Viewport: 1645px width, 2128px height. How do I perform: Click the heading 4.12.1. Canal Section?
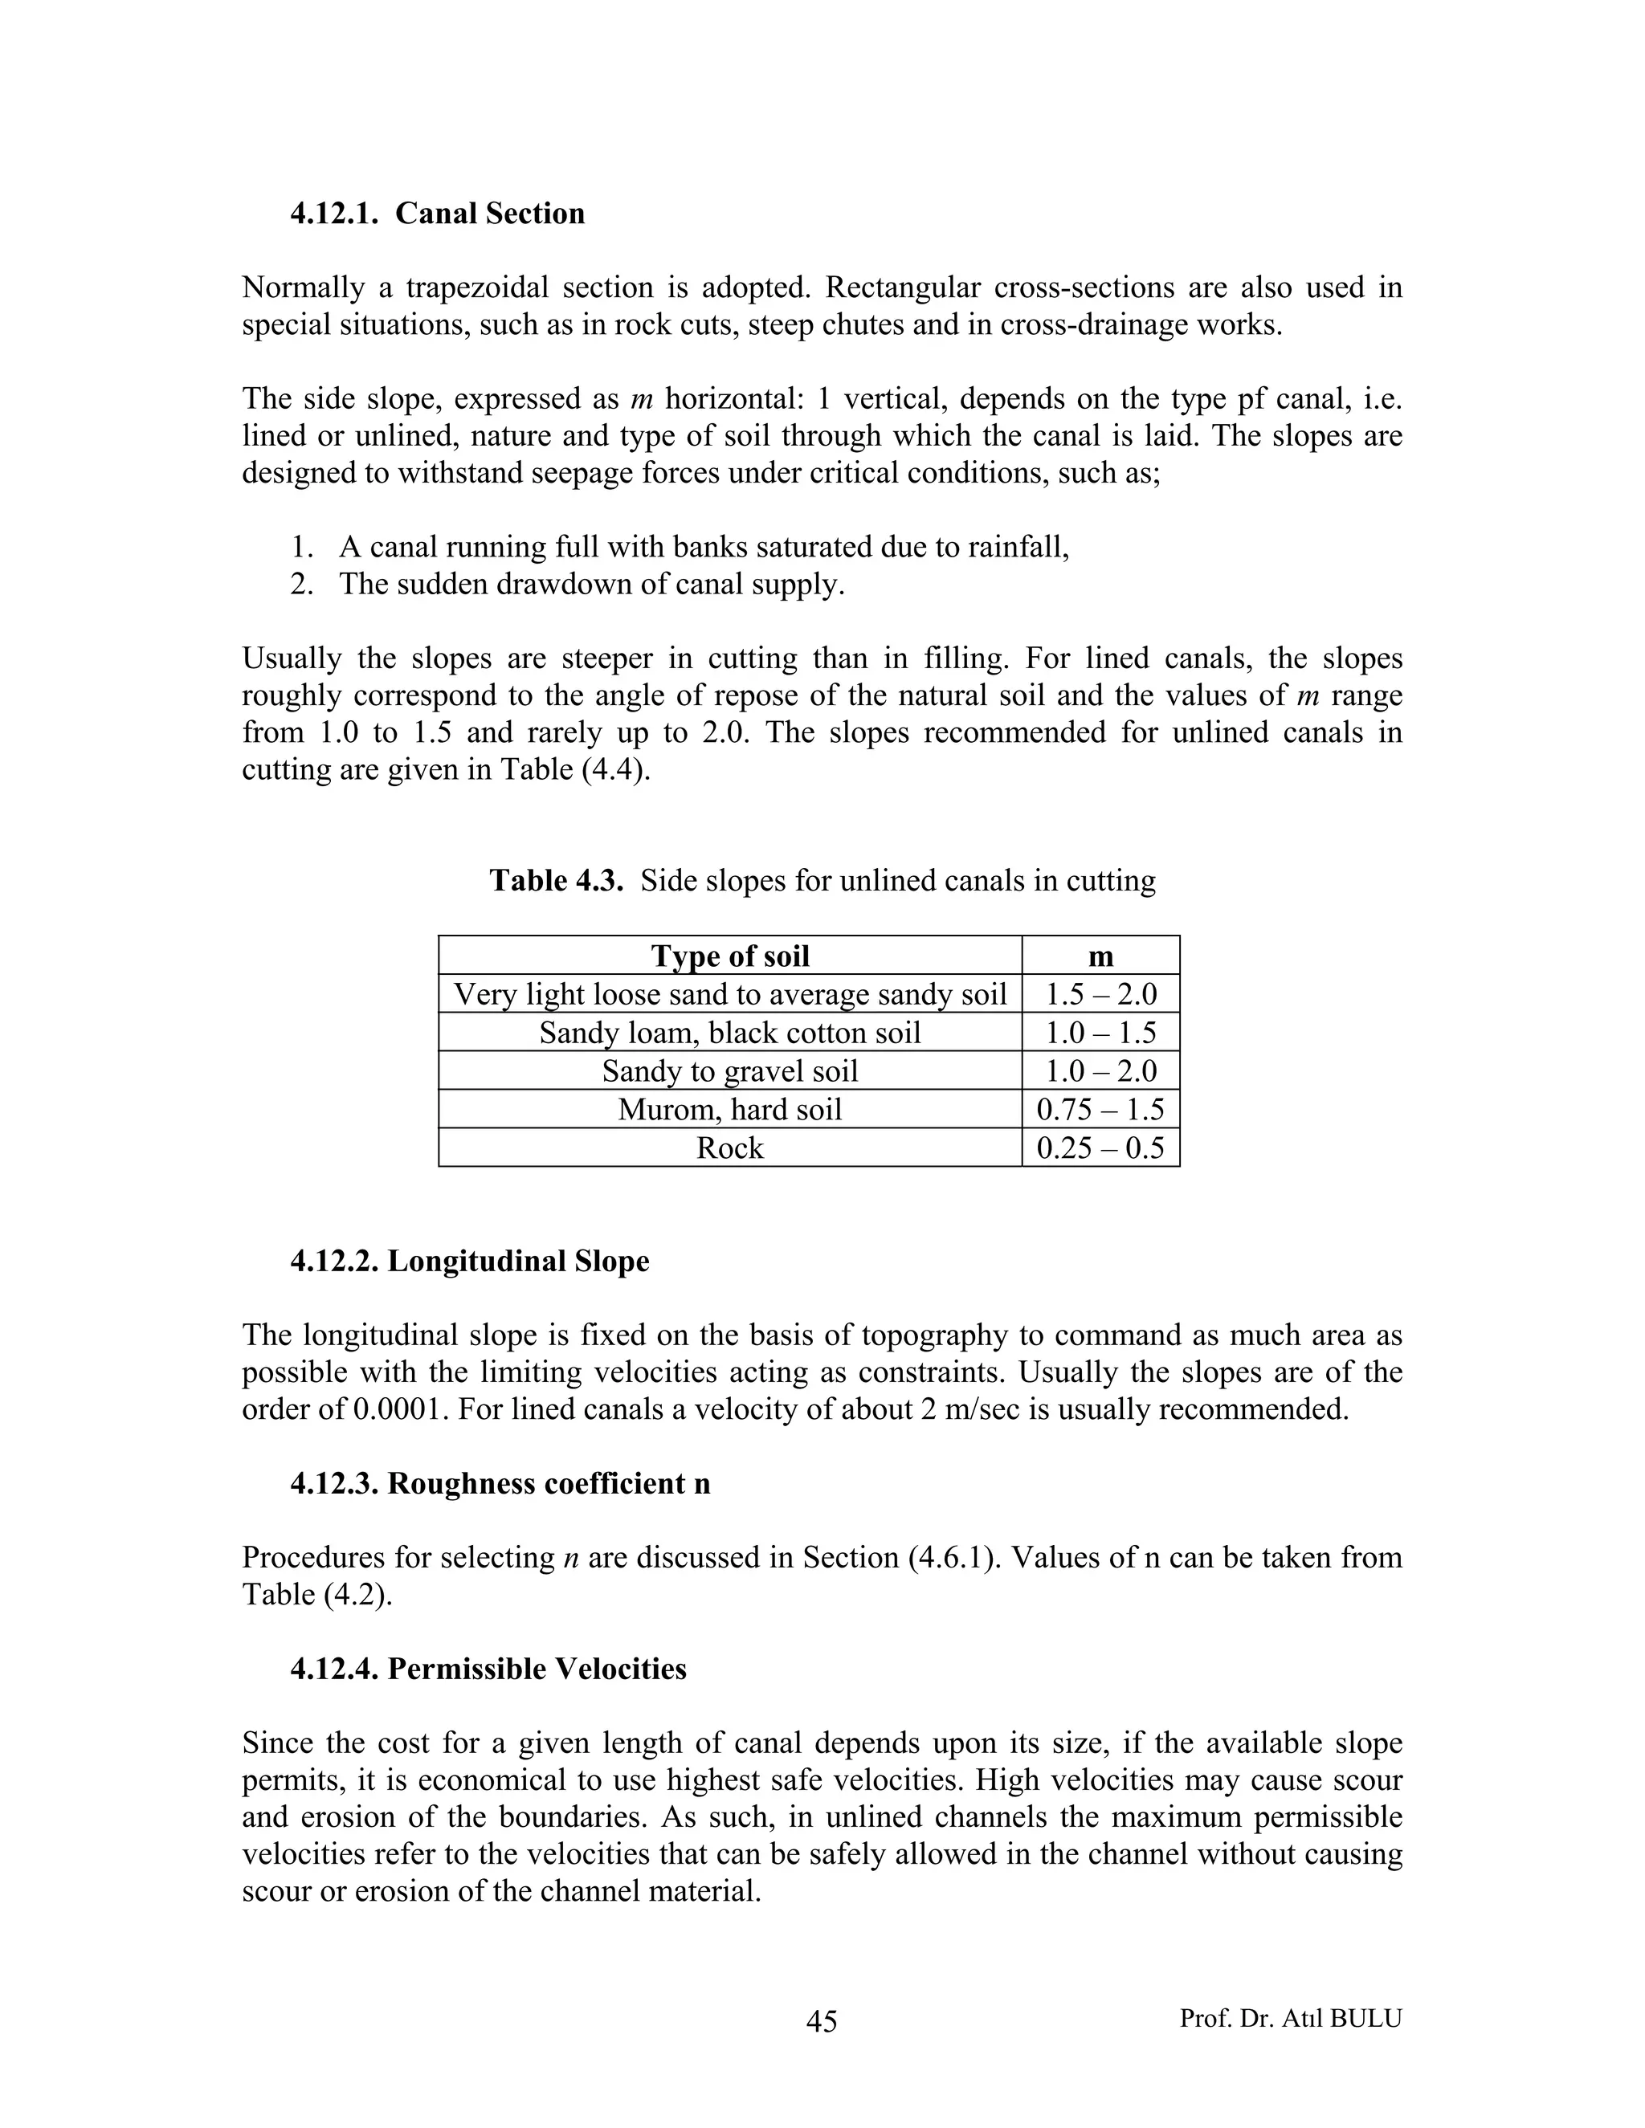coord(438,214)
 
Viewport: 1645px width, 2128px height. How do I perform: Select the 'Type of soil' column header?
coord(730,956)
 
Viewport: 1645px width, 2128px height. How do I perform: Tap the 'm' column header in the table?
coord(1100,956)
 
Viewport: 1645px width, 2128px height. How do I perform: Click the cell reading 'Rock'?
coord(730,1148)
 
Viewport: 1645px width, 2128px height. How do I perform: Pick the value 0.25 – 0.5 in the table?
coord(1100,1148)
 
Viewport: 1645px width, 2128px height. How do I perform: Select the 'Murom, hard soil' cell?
coord(730,1110)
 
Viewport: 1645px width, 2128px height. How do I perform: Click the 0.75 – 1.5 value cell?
coord(1100,1110)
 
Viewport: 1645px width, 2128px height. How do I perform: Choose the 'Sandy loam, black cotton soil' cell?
coord(730,1033)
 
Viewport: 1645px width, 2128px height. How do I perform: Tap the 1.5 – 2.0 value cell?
coord(1100,995)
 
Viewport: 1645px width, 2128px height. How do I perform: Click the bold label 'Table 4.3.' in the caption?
coord(556,881)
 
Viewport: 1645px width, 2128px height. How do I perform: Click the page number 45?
coord(822,2022)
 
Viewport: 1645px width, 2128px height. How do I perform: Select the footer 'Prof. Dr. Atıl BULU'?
coord(1290,2018)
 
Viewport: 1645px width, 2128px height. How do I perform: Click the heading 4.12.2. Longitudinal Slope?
coord(470,1261)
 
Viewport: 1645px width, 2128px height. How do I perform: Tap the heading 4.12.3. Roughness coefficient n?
coord(500,1483)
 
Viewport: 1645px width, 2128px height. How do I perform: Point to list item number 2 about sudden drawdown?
coord(590,585)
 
